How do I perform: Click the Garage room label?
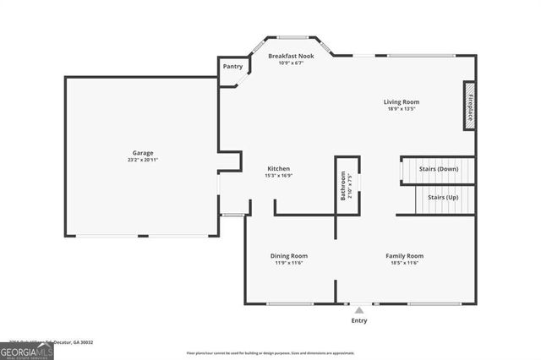[142, 153]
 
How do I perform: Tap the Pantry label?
[232, 66]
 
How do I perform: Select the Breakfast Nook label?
[292, 56]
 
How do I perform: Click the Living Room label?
[403, 101]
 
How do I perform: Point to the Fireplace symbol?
[469, 106]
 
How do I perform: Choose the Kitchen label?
[280, 168]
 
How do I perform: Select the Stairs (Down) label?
[439, 168]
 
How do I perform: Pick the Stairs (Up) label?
[443, 197]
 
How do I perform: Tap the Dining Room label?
[288, 255]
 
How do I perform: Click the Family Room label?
[404, 255]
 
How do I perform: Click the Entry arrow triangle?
[359, 311]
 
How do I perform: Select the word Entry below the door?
[359, 321]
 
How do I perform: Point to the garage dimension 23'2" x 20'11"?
[142, 160]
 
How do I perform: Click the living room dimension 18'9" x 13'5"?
[403, 109]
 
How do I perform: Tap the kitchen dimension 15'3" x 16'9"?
[280, 176]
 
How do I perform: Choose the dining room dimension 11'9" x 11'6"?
[288, 263]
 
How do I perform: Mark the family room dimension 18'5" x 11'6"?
[404, 263]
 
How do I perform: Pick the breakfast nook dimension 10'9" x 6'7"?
[292, 63]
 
